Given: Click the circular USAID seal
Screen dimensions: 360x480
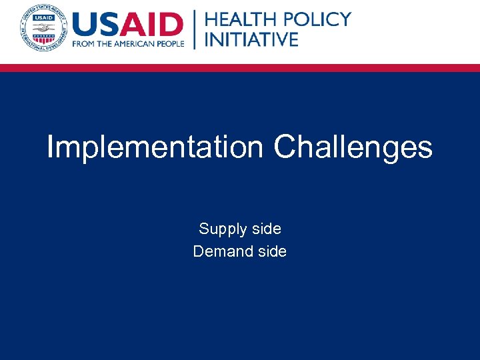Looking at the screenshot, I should (x=43, y=27).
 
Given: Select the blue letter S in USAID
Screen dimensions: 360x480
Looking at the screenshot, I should (x=113, y=25).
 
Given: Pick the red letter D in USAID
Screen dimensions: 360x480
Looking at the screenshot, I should (x=171, y=25).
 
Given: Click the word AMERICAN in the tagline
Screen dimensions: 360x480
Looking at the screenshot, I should (x=133, y=44).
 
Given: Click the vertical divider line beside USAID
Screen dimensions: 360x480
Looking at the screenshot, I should (x=195, y=29).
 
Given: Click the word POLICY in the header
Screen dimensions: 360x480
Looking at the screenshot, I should (x=317, y=19).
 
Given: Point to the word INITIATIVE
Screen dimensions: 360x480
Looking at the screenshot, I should (x=251, y=39).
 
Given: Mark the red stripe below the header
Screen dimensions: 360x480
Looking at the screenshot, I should (x=240, y=67).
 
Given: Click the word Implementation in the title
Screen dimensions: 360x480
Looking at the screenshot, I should (x=155, y=147).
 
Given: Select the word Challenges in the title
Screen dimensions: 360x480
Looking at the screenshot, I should (x=353, y=147).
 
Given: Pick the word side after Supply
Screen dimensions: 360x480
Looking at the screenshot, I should (x=265, y=229).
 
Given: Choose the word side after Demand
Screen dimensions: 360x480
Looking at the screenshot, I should (x=271, y=251).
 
